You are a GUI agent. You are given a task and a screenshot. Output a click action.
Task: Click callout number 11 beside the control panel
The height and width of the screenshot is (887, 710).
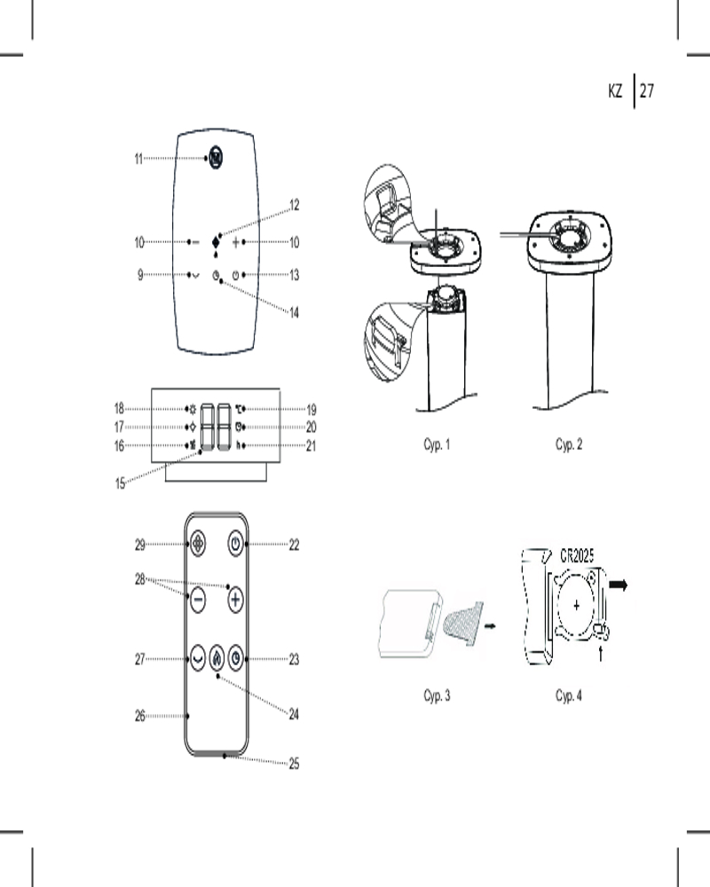[x=138, y=160]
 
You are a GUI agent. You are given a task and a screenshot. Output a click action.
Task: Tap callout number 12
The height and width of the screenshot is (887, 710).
[x=295, y=205]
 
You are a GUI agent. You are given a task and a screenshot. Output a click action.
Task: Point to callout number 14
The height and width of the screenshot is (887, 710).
[x=295, y=312]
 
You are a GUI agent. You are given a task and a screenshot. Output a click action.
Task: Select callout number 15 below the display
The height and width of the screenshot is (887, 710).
[x=120, y=483]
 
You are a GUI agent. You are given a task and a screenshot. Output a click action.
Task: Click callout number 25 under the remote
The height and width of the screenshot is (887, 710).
[x=294, y=763]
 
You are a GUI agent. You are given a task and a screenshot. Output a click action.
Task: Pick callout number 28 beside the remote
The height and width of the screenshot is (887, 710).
[x=139, y=578]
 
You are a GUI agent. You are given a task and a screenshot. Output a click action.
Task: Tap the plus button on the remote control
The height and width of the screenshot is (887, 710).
[x=235, y=600]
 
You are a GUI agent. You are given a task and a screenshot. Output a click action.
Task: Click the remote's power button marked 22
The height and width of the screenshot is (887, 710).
[x=235, y=544]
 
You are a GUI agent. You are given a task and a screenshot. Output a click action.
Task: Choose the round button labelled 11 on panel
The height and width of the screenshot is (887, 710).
[x=216, y=158]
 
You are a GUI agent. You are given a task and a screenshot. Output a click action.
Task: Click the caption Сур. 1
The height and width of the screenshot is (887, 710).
[x=437, y=444]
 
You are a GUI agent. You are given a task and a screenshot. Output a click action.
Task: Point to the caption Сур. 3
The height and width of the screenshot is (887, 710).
[x=437, y=695]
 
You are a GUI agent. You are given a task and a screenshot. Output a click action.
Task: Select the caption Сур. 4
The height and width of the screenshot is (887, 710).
[x=569, y=695]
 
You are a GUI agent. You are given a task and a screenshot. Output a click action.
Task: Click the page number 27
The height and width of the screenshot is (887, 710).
[x=646, y=90]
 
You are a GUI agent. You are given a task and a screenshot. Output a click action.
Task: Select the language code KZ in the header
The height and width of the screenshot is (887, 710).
[x=616, y=90]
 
